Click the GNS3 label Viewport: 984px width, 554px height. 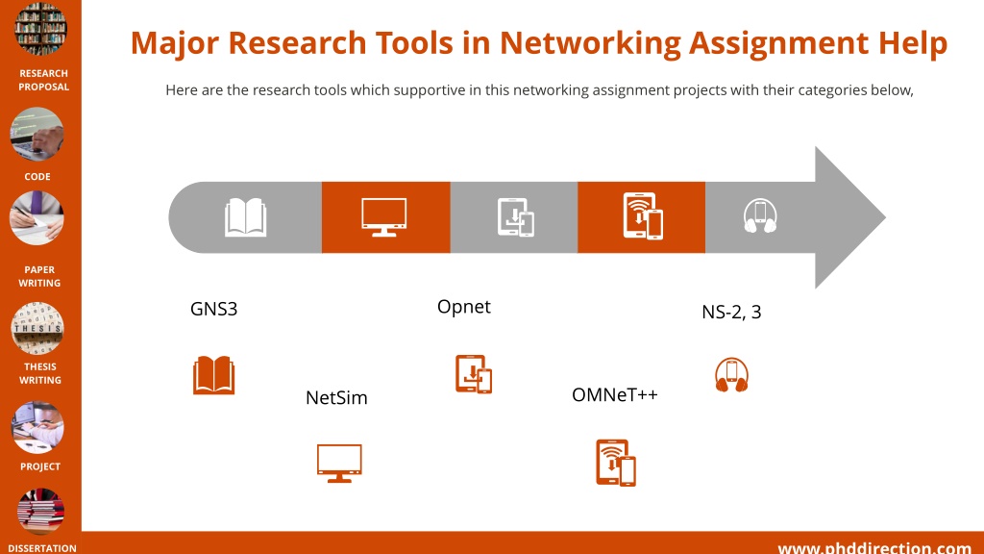[x=213, y=309]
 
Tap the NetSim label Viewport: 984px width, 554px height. [x=336, y=397]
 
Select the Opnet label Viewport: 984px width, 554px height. [x=464, y=307]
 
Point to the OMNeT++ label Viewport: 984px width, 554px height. [x=614, y=394]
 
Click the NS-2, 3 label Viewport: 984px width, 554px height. [x=731, y=312]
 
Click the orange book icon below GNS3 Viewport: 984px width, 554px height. [x=214, y=375]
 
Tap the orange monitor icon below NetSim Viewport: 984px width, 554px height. [x=339, y=463]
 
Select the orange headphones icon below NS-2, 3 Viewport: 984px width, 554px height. [x=731, y=375]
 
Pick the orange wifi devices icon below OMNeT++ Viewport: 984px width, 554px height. [x=616, y=463]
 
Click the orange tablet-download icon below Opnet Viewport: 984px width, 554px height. [x=474, y=374]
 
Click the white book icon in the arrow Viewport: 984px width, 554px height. [x=245, y=217]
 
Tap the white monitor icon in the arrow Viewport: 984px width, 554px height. [x=384, y=217]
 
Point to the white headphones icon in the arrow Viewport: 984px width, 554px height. [x=760, y=216]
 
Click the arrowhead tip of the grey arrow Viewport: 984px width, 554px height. [x=885, y=217]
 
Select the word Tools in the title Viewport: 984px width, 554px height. [x=414, y=42]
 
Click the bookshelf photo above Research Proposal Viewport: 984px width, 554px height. [x=40, y=28]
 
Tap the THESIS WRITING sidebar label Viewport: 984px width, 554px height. [x=40, y=373]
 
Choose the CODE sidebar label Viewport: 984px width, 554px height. [x=37, y=177]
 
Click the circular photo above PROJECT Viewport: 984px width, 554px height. [x=37, y=428]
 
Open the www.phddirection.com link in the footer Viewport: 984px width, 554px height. [x=874, y=548]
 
